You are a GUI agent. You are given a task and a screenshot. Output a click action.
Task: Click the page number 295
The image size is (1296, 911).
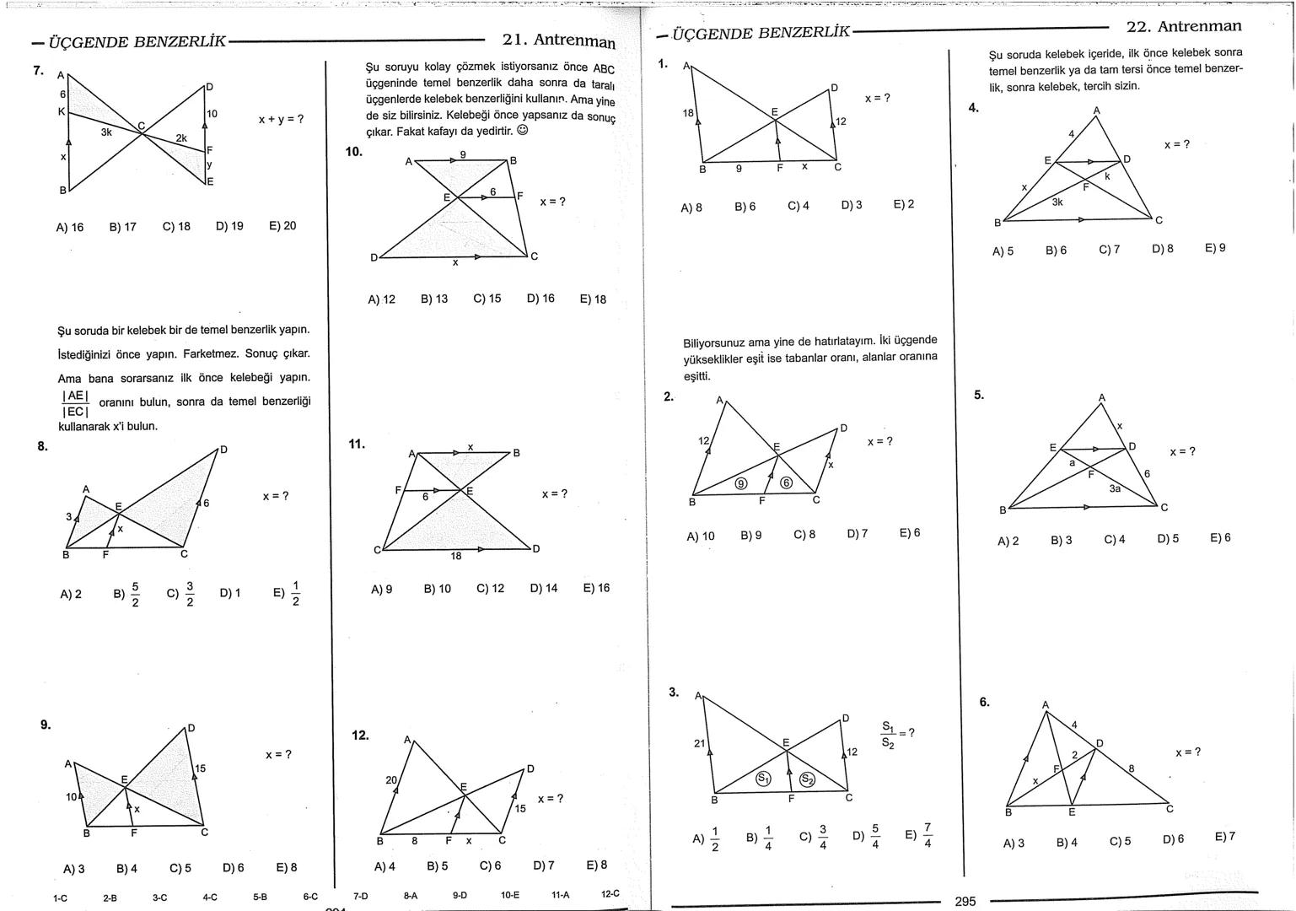pyautogui.click(x=965, y=902)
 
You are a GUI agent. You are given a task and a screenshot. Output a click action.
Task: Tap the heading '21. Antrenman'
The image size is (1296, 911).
pyautogui.click(x=558, y=40)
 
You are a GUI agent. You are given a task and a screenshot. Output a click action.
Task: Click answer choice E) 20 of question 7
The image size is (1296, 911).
pyautogui.click(x=282, y=226)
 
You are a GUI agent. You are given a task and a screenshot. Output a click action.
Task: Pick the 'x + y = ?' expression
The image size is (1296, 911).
pyautogui.click(x=281, y=120)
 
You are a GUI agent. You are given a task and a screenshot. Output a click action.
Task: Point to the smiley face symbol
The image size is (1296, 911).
pyautogui.click(x=523, y=131)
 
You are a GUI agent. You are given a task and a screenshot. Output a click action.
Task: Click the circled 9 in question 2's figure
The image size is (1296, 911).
pyautogui.click(x=741, y=483)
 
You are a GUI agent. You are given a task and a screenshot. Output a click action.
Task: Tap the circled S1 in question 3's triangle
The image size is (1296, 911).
pyautogui.click(x=763, y=779)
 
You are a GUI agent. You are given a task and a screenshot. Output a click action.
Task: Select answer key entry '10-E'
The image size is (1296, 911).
pyautogui.click(x=510, y=896)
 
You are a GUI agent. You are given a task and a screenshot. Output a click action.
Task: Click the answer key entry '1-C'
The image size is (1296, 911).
pyautogui.click(x=60, y=898)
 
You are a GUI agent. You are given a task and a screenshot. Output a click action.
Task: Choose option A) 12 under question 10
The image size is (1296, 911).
pyautogui.click(x=381, y=299)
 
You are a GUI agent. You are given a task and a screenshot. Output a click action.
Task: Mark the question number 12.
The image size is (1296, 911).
pyautogui.click(x=360, y=736)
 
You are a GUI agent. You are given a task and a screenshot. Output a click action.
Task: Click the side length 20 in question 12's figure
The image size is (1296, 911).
pyautogui.click(x=391, y=780)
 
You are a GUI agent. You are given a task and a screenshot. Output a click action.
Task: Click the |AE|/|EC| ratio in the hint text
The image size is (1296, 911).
pyautogui.click(x=75, y=403)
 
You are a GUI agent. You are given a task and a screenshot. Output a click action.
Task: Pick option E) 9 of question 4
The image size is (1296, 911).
pyautogui.click(x=1215, y=248)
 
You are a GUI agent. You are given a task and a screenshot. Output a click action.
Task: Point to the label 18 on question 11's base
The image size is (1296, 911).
pyautogui.click(x=455, y=556)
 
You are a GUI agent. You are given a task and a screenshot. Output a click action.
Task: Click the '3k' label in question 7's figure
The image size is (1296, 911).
pyautogui.click(x=107, y=132)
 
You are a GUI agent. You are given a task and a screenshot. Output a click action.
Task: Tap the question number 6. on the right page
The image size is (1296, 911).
pyautogui.click(x=984, y=702)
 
